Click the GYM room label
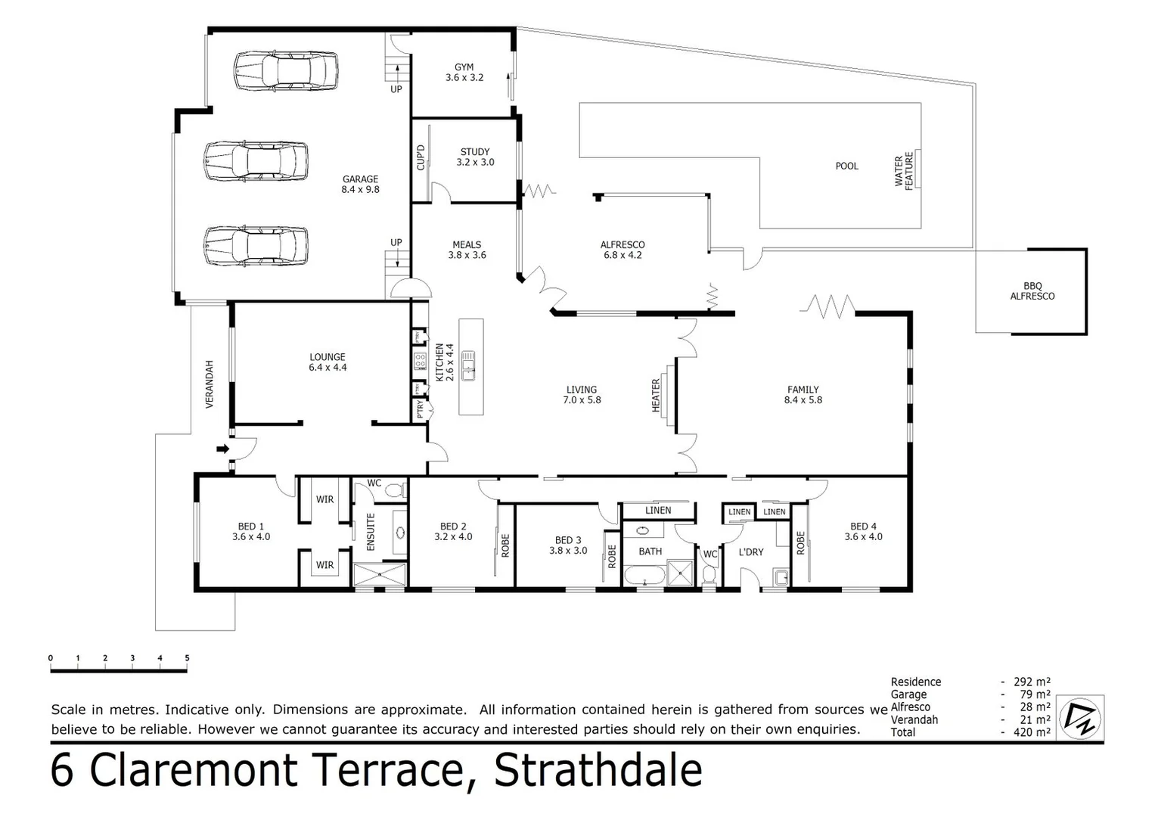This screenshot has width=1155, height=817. tap(464, 67)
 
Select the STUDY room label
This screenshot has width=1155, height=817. tap(474, 152)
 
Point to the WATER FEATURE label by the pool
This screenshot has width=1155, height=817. tap(904, 170)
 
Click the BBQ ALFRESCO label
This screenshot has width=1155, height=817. tap(1032, 291)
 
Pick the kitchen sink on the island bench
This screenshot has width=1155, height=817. tap(469, 365)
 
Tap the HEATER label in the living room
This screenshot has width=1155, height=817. tap(656, 396)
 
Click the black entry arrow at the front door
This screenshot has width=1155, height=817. tap(223, 449)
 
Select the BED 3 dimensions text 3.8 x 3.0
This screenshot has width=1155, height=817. tap(568, 551)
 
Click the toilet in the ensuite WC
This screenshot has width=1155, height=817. tap(393, 491)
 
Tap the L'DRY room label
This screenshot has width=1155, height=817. tap(750, 552)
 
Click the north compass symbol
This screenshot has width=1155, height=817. tap(1080, 718)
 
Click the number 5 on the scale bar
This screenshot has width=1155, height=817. tap(187, 658)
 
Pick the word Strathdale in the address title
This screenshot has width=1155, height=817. tap(598, 772)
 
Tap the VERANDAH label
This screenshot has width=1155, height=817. tap(210, 384)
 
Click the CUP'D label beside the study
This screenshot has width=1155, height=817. tap(421, 157)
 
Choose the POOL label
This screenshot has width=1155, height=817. tap(846, 166)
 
